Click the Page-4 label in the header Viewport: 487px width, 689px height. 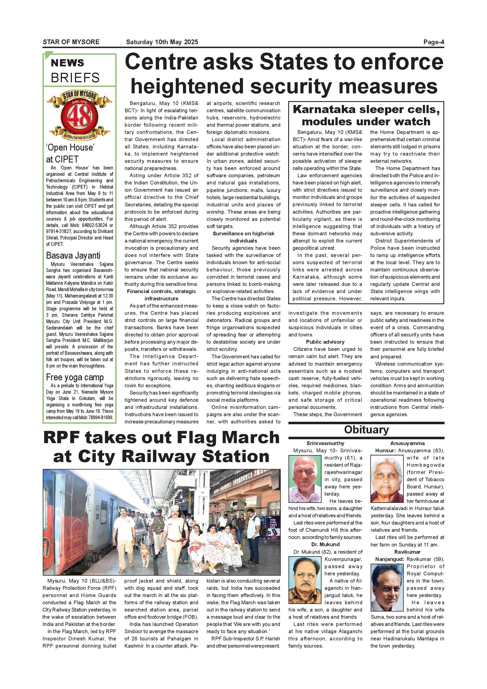pos(433,42)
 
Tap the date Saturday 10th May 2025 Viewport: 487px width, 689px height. pos(162,42)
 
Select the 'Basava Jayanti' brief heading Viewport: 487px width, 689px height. pos(73,255)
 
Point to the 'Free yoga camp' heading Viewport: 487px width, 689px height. pos(75,377)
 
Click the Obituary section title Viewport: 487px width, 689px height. pos(366,430)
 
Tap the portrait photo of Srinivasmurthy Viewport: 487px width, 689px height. pos(305,479)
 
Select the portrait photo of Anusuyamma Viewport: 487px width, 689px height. pos(387,479)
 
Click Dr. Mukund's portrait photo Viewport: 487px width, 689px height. pos(305,580)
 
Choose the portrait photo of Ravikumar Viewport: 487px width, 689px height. pos(387,587)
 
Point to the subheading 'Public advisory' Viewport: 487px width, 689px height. pos(325,342)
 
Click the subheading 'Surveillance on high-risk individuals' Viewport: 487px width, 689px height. pos(243,237)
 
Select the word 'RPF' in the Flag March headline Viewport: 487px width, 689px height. pos(62,438)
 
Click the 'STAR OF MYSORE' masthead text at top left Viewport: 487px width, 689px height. pos(71,42)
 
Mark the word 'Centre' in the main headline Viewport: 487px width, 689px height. pos(161,62)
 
